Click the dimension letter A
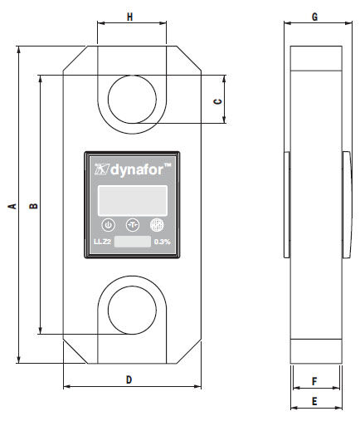[11, 206]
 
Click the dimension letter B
[32, 206]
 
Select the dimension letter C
[217, 100]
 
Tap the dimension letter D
[129, 379]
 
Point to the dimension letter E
[314, 400]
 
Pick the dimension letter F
[314, 381]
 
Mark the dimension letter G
[314, 16]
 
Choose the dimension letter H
[130, 16]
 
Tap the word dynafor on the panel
[139, 170]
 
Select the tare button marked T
[132, 224]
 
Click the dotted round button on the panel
[156, 224]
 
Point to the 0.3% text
[162, 242]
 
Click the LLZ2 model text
[101, 242]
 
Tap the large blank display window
[133, 199]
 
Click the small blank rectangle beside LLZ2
[132, 242]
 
